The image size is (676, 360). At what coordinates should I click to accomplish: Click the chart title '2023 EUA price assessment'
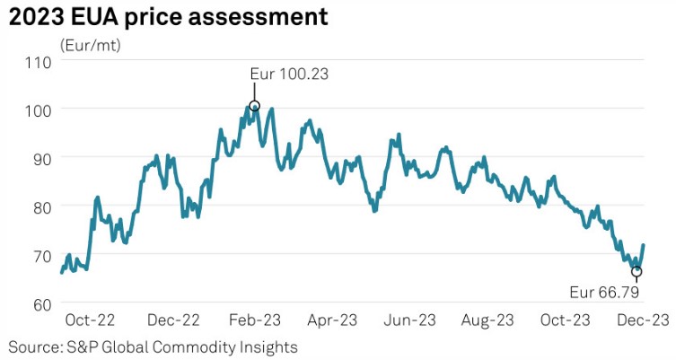pyautogui.click(x=168, y=16)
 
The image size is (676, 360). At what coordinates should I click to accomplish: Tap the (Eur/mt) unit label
pyautogui.click(x=90, y=44)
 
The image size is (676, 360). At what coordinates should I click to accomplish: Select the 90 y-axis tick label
pyautogui.click(x=40, y=158)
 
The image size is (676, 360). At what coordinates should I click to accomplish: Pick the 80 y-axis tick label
pyautogui.click(x=40, y=206)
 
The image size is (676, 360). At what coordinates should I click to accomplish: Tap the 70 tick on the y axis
pyautogui.click(x=40, y=255)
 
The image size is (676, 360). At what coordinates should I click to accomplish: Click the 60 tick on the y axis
pyautogui.click(x=40, y=303)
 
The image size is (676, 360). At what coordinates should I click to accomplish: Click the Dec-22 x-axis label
pyautogui.click(x=174, y=320)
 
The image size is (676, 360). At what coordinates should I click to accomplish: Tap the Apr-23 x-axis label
pyautogui.click(x=336, y=320)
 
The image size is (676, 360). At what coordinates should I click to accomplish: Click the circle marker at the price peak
pyautogui.click(x=254, y=106)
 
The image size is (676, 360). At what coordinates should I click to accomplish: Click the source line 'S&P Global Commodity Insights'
pyautogui.click(x=153, y=347)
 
